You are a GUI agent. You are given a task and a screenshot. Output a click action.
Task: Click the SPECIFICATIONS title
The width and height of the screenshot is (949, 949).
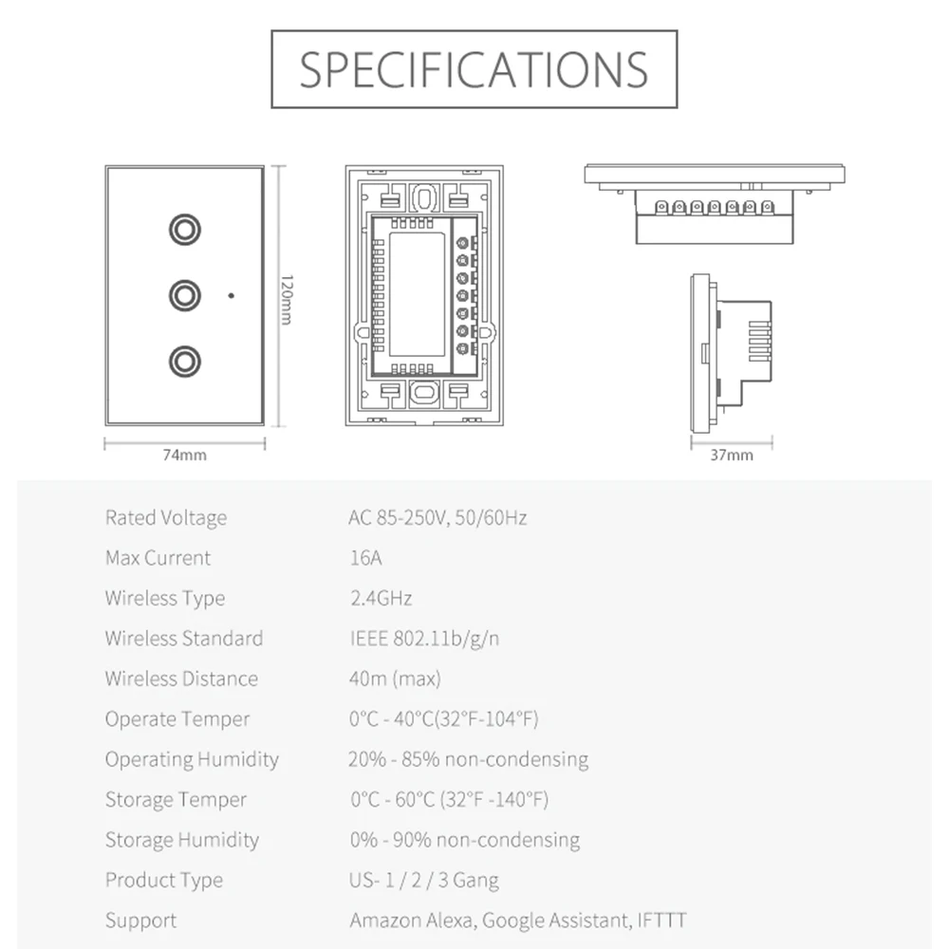474,68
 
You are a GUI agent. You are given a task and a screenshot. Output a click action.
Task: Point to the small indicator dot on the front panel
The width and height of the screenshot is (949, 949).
231,295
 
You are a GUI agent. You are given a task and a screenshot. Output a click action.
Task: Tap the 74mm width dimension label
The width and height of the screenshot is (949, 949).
184,455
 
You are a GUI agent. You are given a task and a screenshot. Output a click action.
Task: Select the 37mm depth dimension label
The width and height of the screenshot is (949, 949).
731,455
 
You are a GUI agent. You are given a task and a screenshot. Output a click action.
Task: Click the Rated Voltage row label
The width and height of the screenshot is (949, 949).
166,518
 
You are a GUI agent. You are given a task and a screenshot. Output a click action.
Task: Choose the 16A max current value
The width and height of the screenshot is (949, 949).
365,558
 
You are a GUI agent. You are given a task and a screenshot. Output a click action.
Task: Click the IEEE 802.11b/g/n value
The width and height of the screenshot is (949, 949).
424,639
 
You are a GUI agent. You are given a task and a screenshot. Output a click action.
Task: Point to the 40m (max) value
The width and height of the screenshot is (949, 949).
395,679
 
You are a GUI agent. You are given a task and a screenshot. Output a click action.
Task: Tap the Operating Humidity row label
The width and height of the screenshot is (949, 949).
192,759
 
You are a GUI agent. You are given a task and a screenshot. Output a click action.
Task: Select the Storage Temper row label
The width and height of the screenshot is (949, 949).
176,800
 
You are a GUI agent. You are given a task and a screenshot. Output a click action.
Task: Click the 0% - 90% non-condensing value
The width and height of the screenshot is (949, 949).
464,840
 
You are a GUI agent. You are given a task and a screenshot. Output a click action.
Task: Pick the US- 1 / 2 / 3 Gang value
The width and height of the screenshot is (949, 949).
424,880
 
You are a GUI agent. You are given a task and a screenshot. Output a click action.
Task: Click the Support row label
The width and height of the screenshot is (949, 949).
140,921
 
